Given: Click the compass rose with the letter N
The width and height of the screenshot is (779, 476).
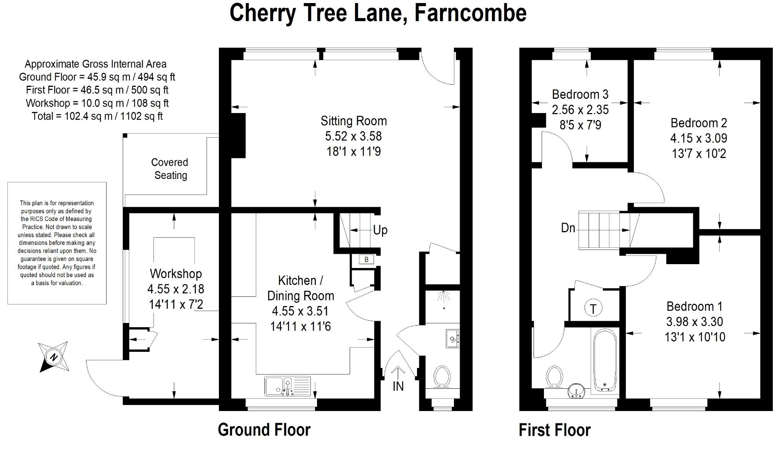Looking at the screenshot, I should [53, 357].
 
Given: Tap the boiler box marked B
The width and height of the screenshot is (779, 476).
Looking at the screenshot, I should [366, 260].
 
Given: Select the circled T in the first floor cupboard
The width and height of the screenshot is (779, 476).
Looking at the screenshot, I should [593, 308].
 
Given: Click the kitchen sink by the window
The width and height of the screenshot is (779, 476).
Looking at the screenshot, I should [287, 386].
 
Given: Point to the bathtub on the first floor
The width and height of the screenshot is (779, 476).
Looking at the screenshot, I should [605, 360].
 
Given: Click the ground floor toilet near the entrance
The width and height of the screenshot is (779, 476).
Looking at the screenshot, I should [442, 376].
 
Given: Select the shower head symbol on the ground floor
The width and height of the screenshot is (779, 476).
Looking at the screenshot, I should [444, 297].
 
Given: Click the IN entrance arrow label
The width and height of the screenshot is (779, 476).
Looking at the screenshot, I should [398, 386].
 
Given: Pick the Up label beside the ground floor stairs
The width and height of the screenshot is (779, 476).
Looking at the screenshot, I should [380, 230].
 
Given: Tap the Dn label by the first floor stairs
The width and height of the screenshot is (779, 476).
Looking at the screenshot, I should [568, 228].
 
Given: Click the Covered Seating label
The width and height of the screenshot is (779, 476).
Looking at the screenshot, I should [170, 169].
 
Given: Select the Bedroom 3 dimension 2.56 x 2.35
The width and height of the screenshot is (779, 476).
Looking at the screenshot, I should [580, 110].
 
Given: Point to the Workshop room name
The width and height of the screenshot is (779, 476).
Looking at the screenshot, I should [176, 274].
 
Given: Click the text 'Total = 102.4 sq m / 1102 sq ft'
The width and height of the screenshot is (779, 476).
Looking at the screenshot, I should [97, 116].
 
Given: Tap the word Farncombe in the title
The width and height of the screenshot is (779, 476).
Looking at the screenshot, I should [470, 13].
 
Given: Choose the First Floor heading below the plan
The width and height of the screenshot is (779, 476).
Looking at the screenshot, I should [554, 430].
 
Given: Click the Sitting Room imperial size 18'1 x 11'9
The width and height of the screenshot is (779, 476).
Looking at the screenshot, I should [354, 151].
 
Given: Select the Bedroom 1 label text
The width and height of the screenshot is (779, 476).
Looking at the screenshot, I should [694, 306].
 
